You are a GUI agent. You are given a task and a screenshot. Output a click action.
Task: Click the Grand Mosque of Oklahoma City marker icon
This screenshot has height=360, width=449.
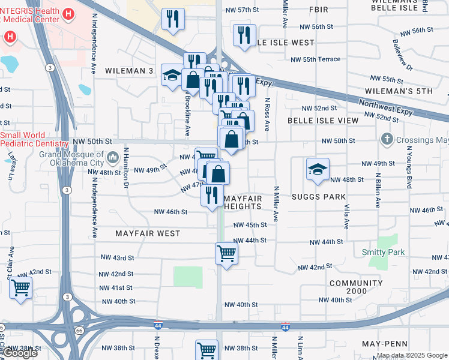112,158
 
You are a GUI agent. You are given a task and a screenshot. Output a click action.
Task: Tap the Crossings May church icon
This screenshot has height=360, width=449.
387,140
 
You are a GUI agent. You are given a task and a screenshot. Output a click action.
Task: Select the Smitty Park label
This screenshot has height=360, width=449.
384,253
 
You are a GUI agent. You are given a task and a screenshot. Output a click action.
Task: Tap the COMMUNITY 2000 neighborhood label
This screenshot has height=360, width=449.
355,287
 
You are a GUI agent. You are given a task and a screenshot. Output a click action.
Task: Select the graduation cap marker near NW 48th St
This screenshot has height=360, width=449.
318,170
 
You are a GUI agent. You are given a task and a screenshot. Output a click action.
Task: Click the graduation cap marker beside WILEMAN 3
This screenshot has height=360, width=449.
172,76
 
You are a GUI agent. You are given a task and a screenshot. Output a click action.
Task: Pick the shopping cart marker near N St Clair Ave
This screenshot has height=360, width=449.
20,289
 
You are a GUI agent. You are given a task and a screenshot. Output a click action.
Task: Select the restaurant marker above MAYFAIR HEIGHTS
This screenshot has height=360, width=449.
212,194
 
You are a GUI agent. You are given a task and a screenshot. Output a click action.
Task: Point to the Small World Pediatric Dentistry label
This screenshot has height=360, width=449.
34,140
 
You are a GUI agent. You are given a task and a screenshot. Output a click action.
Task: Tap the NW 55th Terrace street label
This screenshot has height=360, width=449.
315,59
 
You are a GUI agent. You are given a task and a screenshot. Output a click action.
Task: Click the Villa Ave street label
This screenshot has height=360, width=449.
347,217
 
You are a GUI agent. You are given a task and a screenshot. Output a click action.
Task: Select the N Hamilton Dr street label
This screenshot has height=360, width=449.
127,176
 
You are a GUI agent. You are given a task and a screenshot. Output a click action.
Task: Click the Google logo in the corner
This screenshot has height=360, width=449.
20,353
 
